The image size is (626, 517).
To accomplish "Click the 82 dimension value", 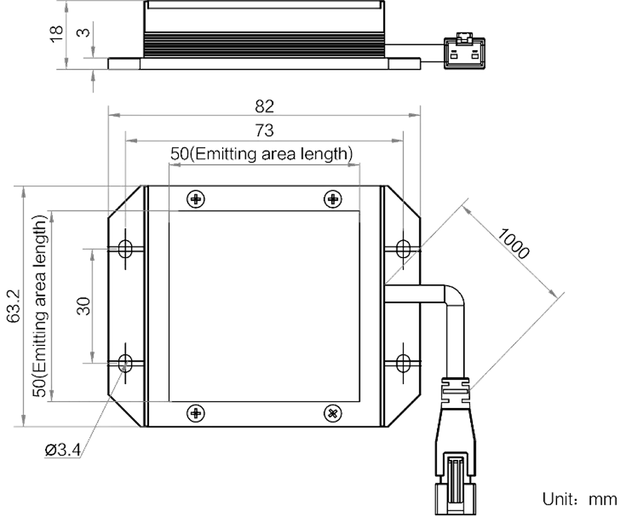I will point(265,105).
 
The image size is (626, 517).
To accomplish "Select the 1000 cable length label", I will point(515,244).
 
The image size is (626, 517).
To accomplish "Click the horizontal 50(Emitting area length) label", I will point(262,154).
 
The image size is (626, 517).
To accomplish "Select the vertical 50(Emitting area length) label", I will point(39,306).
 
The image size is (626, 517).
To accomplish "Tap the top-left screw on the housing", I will point(195,199).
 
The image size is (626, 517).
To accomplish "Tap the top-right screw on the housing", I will point(332,199).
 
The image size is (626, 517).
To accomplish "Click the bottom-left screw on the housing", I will point(195,412).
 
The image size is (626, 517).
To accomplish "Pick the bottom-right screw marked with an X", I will point(332,412).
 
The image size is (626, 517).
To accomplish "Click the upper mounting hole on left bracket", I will point(126,249).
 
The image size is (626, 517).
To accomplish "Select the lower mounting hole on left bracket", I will point(126,362).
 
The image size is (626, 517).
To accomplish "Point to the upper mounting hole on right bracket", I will point(404,249).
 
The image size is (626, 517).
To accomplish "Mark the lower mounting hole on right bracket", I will point(404,362).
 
